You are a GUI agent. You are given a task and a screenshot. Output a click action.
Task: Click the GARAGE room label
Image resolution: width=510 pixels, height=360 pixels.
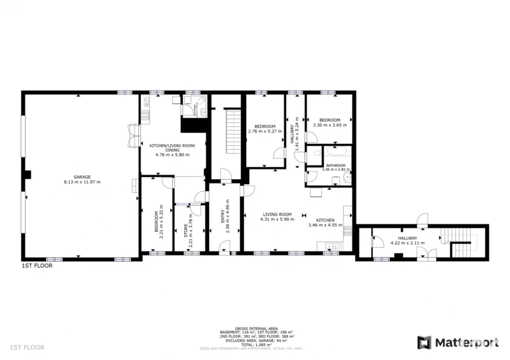pyautogui.click(x=82, y=176)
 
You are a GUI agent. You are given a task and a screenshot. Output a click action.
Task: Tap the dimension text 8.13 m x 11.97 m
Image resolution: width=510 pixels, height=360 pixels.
pyautogui.click(x=82, y=182)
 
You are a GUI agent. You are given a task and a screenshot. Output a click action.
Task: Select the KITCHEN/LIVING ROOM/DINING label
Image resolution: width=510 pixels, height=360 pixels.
pyautogui.click(x=172, y=148)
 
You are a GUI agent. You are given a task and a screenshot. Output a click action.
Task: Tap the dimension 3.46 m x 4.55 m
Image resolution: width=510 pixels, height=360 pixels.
pyautogui.click(x=325, y=225)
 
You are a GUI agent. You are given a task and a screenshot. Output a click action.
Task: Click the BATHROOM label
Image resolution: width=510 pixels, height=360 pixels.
pyautogui.click(x=335, y=166)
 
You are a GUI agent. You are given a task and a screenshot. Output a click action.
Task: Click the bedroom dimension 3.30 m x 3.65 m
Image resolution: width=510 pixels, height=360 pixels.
pyautogui.click(x=330, y=126)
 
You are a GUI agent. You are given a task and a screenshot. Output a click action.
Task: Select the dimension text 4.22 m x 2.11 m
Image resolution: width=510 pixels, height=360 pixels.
pyautogui.click(x=407, y=242)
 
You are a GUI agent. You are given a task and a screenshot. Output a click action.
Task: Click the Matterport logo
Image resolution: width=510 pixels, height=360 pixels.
pyautogui.click(x=457, y=342)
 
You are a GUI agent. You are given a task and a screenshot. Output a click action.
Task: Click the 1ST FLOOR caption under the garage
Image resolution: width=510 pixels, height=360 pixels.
pyautogui.click(x=37, y=266)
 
